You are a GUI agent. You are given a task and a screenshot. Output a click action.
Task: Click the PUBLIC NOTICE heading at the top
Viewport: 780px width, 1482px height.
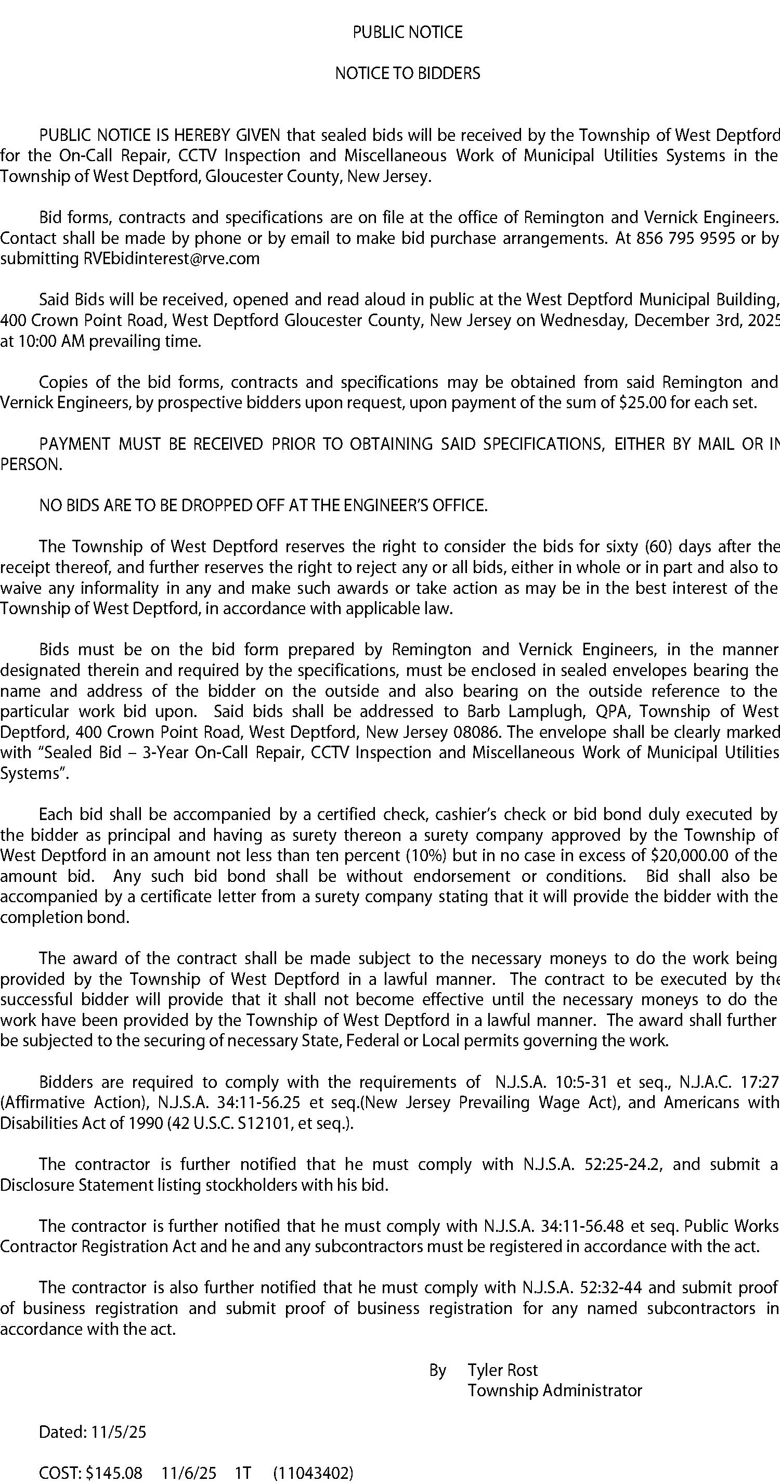click(x=407, y=32)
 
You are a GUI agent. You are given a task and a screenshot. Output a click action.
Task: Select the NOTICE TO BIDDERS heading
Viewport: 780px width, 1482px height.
click(x=407, y=74)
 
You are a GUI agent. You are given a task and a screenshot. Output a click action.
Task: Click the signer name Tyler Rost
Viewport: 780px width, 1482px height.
click(x=503, y=1370)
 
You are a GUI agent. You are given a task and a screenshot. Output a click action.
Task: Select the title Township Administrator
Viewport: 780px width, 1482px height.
click(x=554, y=1390)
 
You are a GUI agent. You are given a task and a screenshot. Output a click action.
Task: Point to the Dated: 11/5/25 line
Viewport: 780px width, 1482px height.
click(x=93, y=1432)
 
